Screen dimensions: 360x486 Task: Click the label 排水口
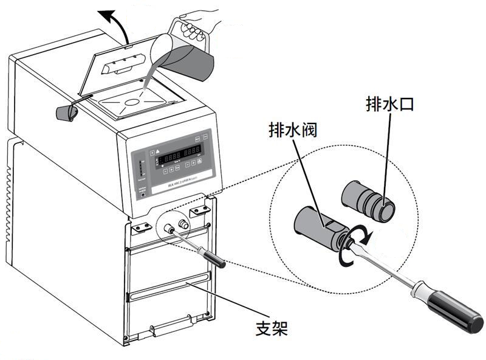[389, 104]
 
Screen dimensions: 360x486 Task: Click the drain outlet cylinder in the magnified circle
[369, 200]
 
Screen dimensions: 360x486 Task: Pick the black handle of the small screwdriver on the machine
[213, 259]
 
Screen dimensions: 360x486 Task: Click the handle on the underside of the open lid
[118, 66]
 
